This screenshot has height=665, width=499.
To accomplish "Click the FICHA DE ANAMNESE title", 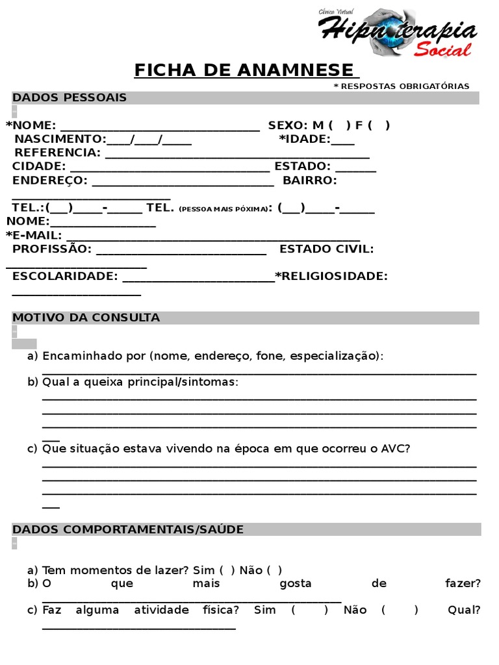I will (x=246, y=69).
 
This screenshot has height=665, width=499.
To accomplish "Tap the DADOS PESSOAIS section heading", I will (x=70, y=98).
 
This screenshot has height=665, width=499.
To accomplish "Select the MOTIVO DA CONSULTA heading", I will (x=86, y=318).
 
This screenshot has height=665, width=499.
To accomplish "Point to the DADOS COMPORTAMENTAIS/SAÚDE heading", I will (x=128, y=529).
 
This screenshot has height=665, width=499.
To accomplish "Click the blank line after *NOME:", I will (x=160, y=127).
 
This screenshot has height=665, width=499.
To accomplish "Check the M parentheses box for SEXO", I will (x=339, y=125).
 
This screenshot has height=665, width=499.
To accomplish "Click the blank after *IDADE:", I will (x=342, y=141).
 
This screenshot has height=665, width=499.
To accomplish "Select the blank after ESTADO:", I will (x=355, y=169).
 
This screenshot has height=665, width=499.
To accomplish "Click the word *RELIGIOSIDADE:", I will (x=331, y=276).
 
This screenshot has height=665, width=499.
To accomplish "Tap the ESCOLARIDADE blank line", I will (x=198, y=279).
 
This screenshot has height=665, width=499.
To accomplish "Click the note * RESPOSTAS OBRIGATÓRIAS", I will (x=401, y=86).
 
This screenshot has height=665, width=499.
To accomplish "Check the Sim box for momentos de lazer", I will (x=227, y=570).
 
